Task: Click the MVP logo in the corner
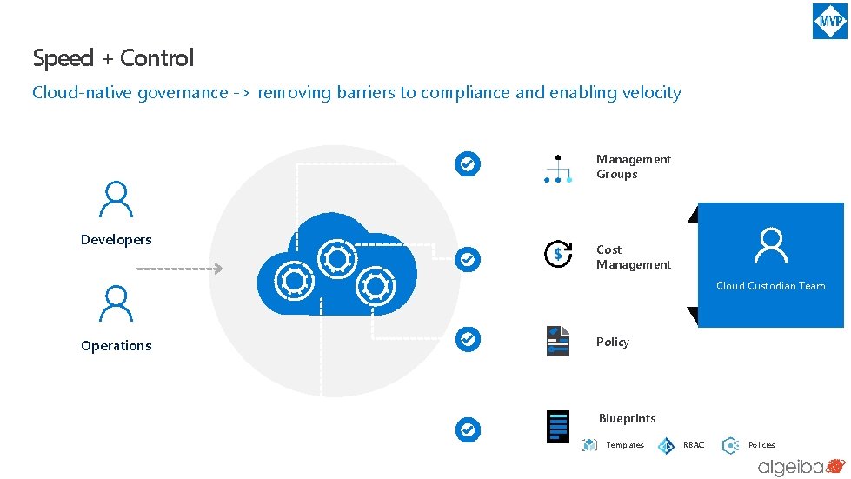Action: click(829, 21)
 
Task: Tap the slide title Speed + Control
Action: click(113, 58)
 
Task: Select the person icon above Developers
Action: click(116, 199)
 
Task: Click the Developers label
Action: click(116, 240)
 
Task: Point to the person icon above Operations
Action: click(116, 305)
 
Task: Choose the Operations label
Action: click(116, 346)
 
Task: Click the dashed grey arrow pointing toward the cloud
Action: click(180, 269)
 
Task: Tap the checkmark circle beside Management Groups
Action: click(468, 163)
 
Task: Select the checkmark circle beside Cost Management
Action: click(468, 258)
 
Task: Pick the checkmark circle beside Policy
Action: click(468, 339)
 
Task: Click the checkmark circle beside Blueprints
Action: click(468, 429)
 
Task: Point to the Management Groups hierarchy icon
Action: click(557, 170)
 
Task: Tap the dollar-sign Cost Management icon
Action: click(557, 254)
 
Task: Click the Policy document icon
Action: click(557, 341)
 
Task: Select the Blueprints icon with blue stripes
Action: click(557, 427)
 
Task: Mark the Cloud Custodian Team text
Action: click(770, 286)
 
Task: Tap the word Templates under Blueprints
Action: click(625, 445)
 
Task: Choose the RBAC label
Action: click(694, 445)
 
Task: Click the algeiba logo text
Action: click(788, 468)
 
